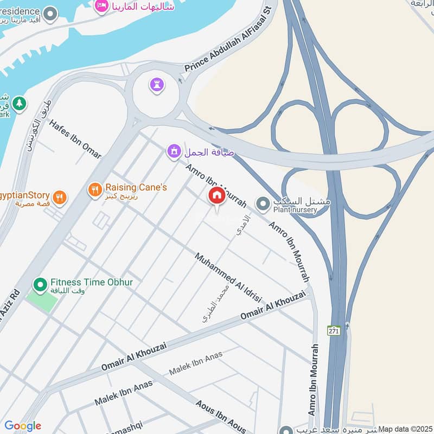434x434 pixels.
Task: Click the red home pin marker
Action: point(216,196)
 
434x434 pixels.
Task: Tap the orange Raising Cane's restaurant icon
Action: point(95,189)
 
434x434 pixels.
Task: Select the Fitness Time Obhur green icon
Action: point(40,284)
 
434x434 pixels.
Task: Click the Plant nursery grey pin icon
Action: point(263,205)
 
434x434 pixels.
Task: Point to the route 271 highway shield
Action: point(334,330)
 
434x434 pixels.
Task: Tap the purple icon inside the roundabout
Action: point(157,84)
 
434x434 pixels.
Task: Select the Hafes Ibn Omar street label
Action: point(75,139)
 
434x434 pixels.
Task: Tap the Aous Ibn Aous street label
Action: point(221,417)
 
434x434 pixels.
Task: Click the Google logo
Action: point(22,426)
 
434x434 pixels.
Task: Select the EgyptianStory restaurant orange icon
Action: point(60,197)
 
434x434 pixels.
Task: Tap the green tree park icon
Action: point(19,103)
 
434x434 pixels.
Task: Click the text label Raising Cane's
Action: point(136,187)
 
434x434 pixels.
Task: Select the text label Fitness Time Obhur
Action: point(92,282)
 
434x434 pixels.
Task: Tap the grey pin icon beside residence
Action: point(50,14)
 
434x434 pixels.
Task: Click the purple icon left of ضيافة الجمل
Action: point(174,151)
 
